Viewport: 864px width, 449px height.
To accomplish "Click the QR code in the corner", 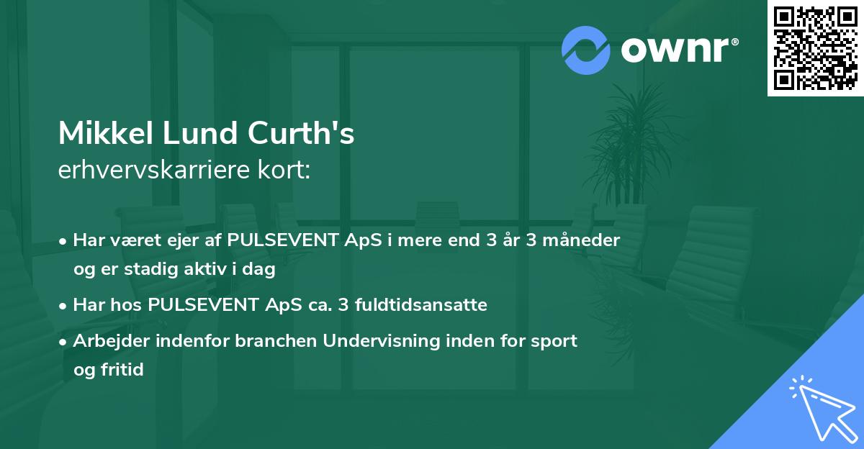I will pos(815,47).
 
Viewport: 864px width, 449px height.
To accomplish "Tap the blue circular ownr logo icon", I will pos(586,50).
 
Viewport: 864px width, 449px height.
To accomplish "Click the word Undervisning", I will pos(376,341).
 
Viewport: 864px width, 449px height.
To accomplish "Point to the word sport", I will pos(556,341).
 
